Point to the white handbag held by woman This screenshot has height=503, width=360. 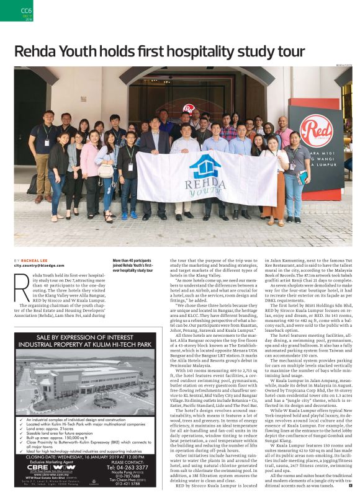[x=106, y=170]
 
